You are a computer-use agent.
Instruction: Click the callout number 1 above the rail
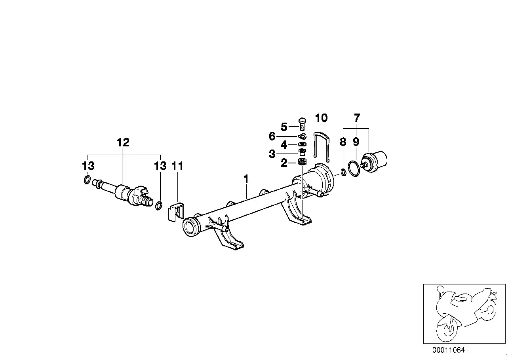pos(246,179)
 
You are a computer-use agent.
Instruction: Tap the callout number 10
pos(321,118)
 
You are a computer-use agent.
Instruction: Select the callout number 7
pos(357,118)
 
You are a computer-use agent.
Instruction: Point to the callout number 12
pos(123,142)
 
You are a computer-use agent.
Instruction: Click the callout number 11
pos(177,166)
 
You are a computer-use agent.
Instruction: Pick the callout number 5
pos(284,127)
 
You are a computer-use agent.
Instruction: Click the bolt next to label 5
pos(302,124)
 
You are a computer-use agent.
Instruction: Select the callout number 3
pos(272,154)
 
